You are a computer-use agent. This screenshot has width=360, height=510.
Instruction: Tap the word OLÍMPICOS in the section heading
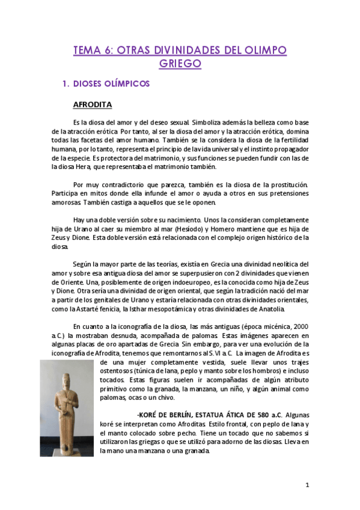tap(127, 84)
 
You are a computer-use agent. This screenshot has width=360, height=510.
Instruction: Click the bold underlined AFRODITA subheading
tap(93, 105)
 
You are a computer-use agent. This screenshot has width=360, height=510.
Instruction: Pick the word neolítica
tap(281, 264)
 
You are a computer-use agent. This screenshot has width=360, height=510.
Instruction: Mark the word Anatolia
tap(267, 309)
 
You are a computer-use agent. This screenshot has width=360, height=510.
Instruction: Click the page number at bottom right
tap(307, 485)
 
